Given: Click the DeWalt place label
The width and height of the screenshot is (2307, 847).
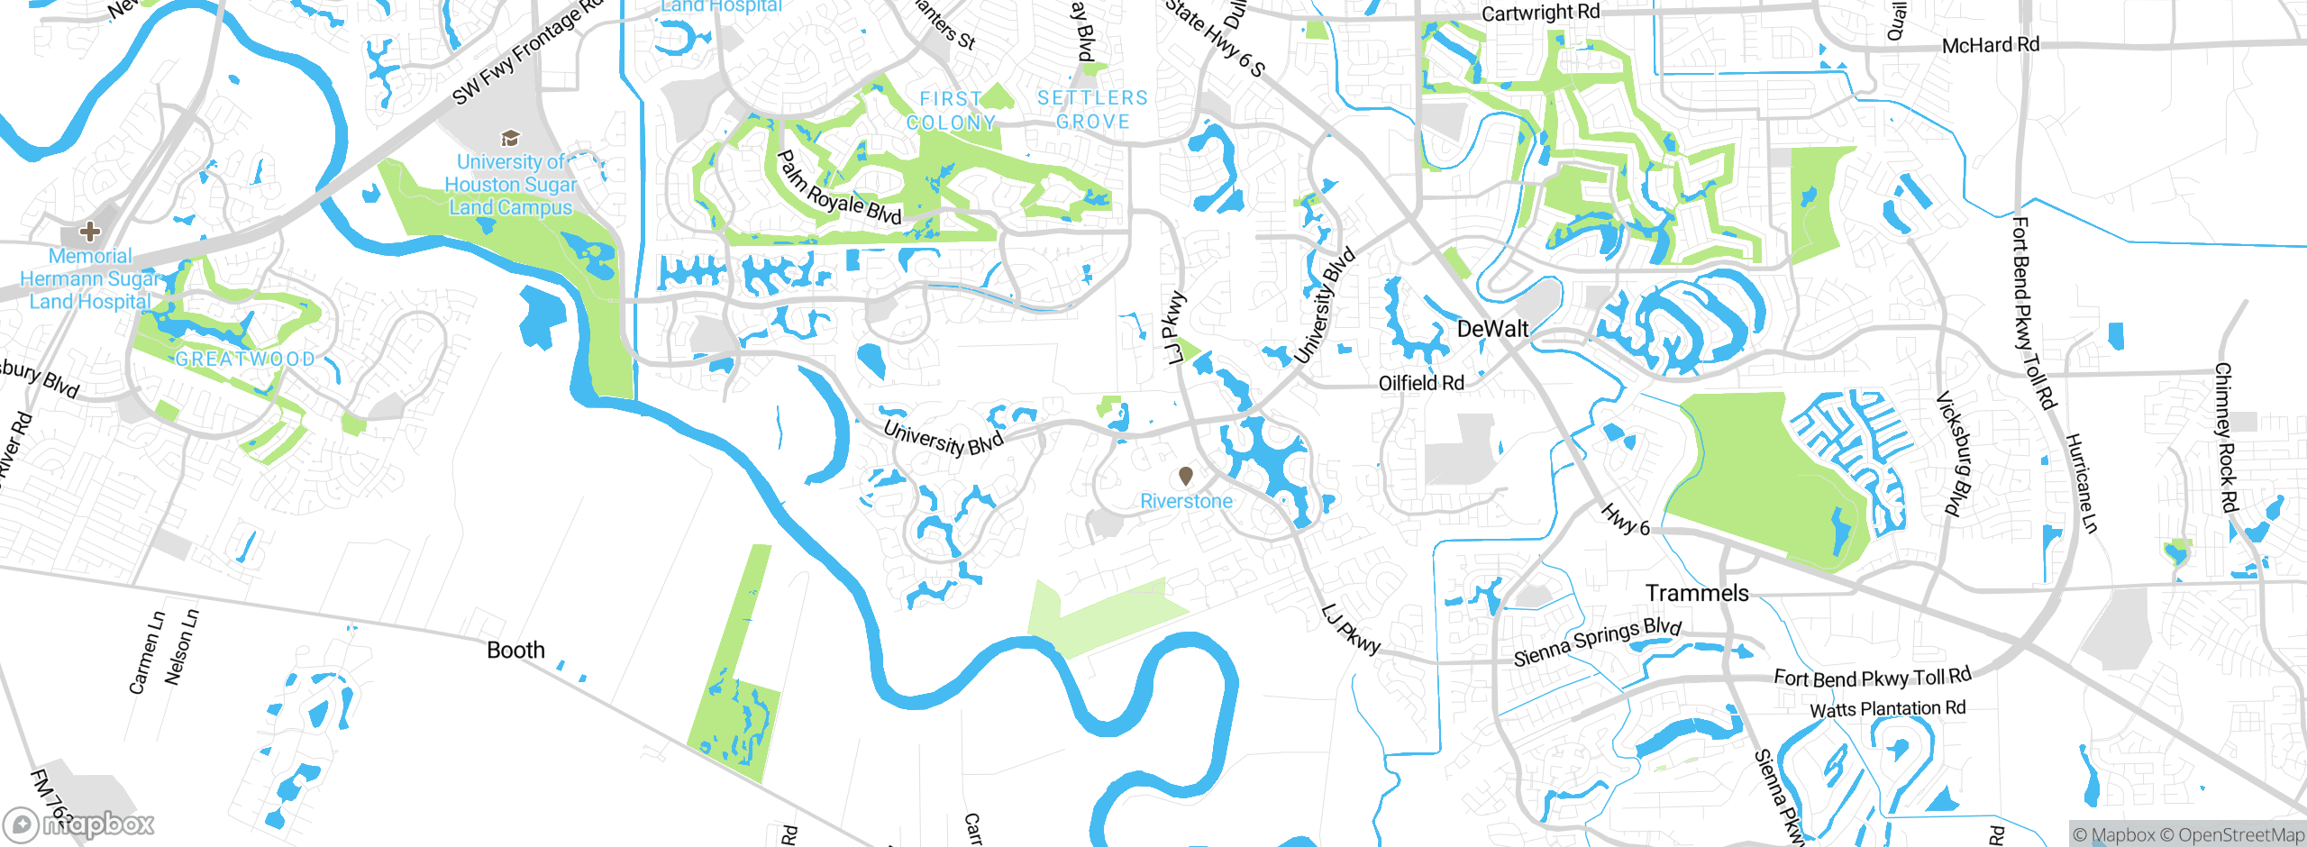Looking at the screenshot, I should pyautogui.click(x=1492, y=329).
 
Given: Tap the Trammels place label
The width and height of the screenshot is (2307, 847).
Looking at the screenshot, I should pyautogui.click(x=1697, y=593).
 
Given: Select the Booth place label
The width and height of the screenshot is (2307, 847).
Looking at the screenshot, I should pyautogui.click(x=515, y=650).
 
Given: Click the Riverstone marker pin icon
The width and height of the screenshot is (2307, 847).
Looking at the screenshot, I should pyautogui.click(x=1186, y=475).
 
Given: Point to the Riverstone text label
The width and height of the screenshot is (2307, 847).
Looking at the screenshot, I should pyautogui.click(x=1186, y=501).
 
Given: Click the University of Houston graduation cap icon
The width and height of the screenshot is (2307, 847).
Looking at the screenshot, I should pyautogui.click(x=510, y=138).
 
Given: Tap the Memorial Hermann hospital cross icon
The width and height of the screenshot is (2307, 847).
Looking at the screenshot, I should pyautogui.click(x=89, y=232).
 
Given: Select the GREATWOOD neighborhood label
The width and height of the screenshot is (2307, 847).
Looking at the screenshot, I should pyautogui.click(x=245, y=359).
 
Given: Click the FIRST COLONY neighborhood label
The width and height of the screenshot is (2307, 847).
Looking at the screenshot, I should pyautogui.click(x=951, y=111).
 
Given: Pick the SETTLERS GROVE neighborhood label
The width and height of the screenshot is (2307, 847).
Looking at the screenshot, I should pyautogui.click(x=1092, y=110).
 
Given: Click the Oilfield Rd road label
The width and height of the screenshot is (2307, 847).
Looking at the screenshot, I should pyautogui.click(x=1421, y=383).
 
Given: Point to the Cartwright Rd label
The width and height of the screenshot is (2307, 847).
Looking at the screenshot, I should pyautogui.click(x=1541, y=13).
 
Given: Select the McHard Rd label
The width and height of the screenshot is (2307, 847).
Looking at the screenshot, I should pyautogui.click(x=1990, y=45).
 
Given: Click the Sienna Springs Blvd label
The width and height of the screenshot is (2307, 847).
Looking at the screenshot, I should pyautogui.click(x=1597, y=642).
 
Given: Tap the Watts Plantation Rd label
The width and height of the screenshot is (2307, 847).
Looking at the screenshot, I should pyautogui.click(x=1887, y=709).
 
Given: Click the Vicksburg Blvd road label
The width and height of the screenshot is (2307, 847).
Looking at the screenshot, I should pyautogui.click(x=1955, y=454).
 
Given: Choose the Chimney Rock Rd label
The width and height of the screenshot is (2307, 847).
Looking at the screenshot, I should pyautogui.click(x=2226, y=438).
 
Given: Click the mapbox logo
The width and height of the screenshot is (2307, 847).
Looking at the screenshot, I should pyautogui.click(x=79, y=824).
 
